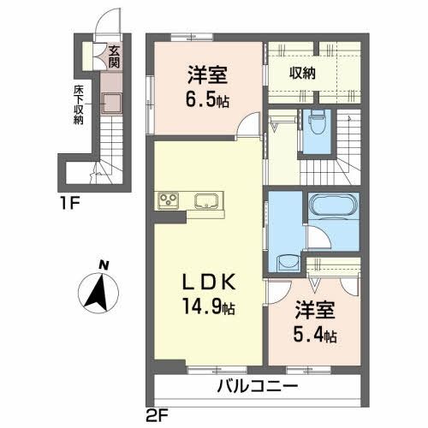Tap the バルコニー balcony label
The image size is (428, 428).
pos(258,387)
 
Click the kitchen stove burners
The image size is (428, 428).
pos(168,202)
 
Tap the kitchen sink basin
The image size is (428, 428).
pos(206,202)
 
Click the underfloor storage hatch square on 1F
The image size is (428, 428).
pos(108,103)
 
